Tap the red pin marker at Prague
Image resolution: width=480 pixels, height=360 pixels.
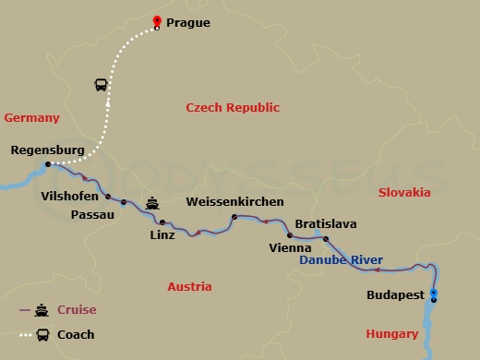pyautogui.click(x=156, y=22)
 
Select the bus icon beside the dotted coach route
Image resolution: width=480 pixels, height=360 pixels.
pyautogui.click(x=101, y=85)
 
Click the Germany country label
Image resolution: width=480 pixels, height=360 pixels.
pyautogui.click(x=31, y=118)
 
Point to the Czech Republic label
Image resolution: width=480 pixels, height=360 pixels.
pyautogui.click(x=233, y=108)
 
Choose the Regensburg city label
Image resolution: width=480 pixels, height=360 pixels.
pyautogui.click(x=48, y=150)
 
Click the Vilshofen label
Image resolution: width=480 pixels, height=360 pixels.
pyautogui.click(x=70, y=197)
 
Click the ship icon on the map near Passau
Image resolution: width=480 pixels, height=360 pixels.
pyautogui.click(x=153, y=202)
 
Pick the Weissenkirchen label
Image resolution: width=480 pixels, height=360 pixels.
pyautogui.click(x=234, y=202)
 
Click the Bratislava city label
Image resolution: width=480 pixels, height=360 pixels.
pyautogui.click(x=326, y=224)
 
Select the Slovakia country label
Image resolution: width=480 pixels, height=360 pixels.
pyautogui.click(x=404, y=192)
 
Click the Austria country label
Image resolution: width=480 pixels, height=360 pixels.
pyautogui.click(x=189, y=287)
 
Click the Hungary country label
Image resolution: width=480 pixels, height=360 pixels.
pyautogui.click(x=392, y=333)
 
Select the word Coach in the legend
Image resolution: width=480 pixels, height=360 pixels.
pyautogui.click(x=76, y=334)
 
